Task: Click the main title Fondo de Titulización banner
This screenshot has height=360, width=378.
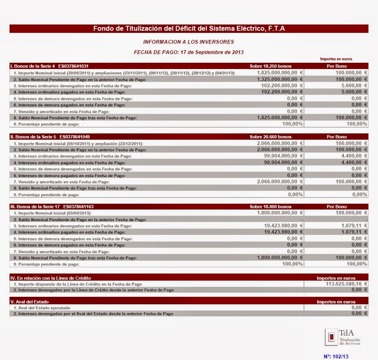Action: click(x=189, y=28)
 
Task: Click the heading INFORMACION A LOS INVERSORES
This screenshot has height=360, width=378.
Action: click(x=188, y=42)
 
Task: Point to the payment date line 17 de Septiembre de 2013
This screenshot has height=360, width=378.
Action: click(x=188, y=52)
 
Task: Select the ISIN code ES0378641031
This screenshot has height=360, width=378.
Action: click(x=73, y=66)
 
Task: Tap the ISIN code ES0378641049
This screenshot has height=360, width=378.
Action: click(x=75, y=137)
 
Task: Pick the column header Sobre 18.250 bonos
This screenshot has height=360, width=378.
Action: click(x=270, y=66)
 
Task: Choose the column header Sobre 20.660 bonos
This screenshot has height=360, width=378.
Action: click(x=270, y=137)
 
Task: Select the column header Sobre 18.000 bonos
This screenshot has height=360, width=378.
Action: click(x=270, y=207)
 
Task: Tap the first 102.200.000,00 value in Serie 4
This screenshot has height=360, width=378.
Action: click(x=279, y=85)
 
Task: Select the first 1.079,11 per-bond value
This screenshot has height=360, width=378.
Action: click(x=352, y=226)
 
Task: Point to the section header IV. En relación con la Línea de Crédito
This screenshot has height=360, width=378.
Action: click(x=50, y=278)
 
